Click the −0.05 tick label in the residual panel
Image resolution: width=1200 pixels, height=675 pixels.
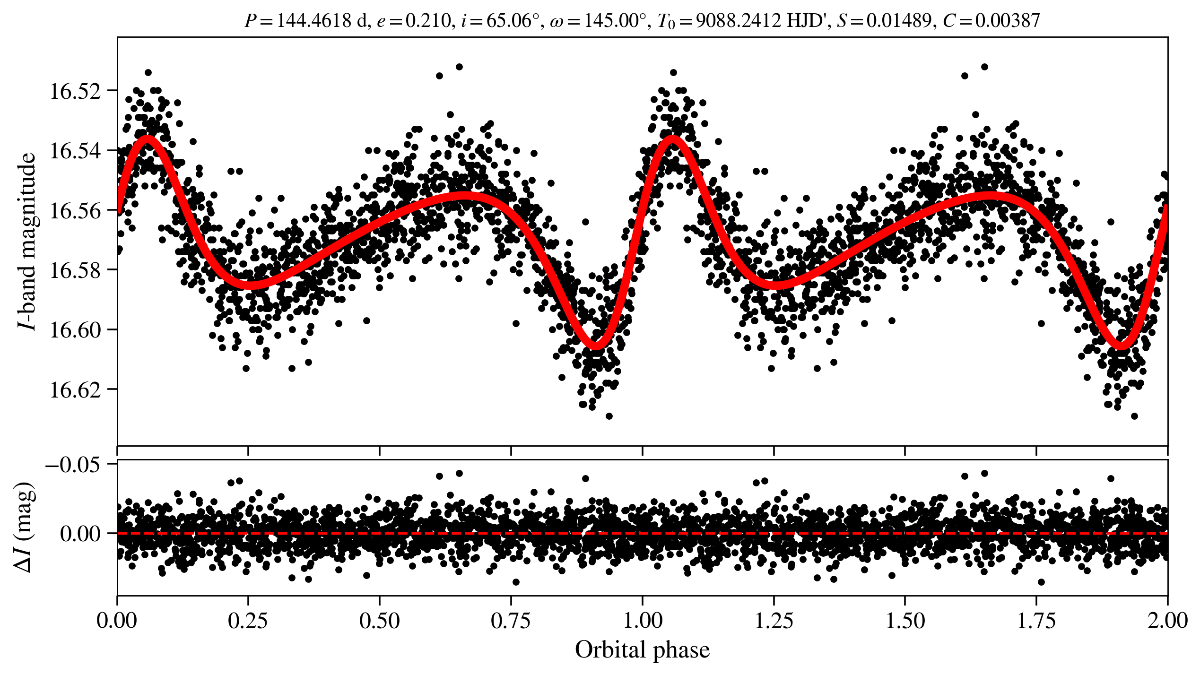(x=73, y=465)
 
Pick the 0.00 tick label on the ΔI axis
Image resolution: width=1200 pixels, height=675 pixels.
(x=80, y=534)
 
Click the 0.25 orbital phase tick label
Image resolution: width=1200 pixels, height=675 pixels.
(x=248, y=621)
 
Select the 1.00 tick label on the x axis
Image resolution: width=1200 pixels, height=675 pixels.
(x=642, y=621)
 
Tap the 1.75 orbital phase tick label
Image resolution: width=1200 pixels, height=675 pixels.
(x=1036, y=621)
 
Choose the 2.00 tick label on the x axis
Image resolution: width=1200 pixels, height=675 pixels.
(x=1167, y=621)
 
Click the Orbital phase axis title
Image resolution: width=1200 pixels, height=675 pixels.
(x=642, y=650)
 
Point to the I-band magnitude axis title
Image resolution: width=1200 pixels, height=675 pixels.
(x=26, y=241)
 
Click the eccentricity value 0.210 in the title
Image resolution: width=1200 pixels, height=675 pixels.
(x=428, y=21)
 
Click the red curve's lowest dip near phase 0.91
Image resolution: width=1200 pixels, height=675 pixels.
(x=596, y=346)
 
